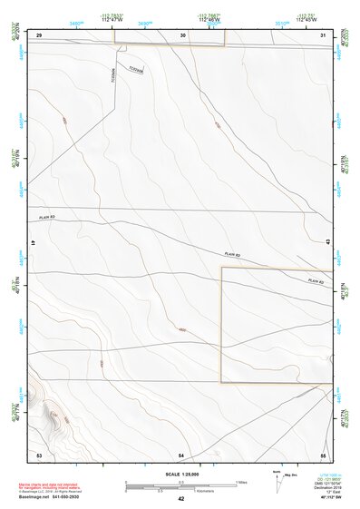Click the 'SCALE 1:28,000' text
coord(180,475)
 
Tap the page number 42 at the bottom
coord(181,499)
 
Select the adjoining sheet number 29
coord(39,34)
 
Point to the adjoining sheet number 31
coord(324,34)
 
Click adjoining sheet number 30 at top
coord(183,34)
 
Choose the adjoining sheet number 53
coord(39,454)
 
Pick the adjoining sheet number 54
coord(181,454)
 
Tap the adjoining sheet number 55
coord(323,454)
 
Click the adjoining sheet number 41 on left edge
coord(33,244)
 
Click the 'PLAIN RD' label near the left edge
coord(47,218)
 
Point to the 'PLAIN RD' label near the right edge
coord(316,281)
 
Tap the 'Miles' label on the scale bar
coord(242,481)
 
